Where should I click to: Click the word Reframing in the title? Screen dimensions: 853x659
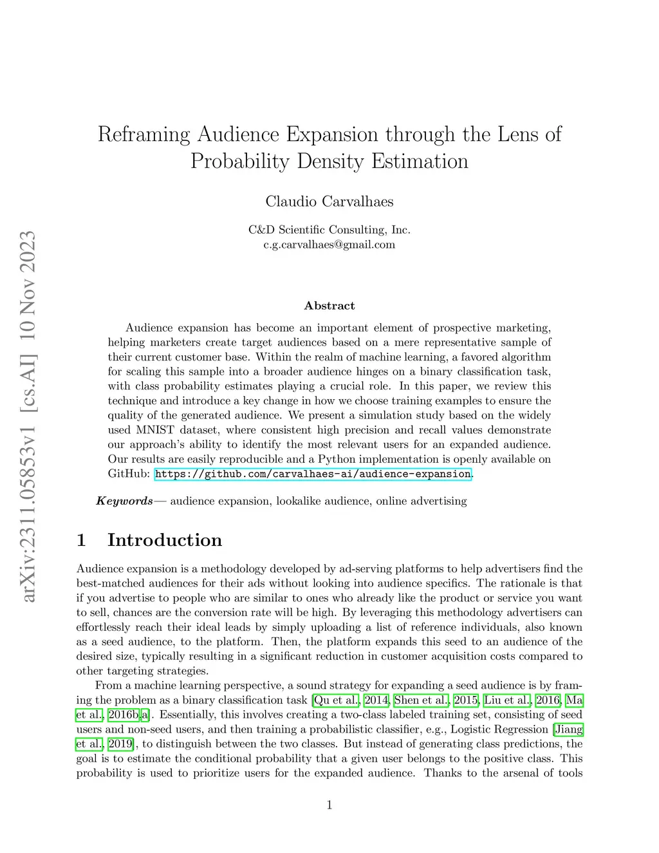pyautogui.click(x=144, y=135)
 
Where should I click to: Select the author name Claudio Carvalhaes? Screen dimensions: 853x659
pyautogui.click(x=329, y=202)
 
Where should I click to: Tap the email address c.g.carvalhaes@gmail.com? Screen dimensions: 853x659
pyautogui.click(x=329, y=245)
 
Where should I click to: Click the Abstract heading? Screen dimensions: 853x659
pyautogui.click(x=329, y=306)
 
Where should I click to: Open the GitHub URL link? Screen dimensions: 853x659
pyautogui.click(x=313, y=474)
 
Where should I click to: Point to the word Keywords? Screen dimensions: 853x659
pyautogui.click(x=125, y=501)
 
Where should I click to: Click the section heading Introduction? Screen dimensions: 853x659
pyautogui.click(x=165, y=539)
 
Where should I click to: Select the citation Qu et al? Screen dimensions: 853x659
pyautogui.click(x=336, y=700)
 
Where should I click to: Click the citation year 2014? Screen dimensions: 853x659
pyautogui.click(x=376, y=700)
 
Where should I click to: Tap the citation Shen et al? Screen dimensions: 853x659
pyautogui.click(x=421, y=700)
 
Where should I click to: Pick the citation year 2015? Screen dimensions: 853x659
pyautogui.click(x=465, y=700)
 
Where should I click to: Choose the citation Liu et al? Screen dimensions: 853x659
pyautogui.click(x=507, y=700)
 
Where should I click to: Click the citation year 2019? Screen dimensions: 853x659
pyautogui.click(x=120, y=744)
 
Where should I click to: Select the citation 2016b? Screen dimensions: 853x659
pyautogui.click(x=124, y=715)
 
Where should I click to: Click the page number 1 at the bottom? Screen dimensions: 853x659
pyautogui.click(x=329, y=805)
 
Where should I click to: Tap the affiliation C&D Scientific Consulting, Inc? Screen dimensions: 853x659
pyautogui.click(x=329, y=230)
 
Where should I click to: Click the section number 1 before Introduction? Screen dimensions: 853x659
pyautogui.click(x=81, y=539)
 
